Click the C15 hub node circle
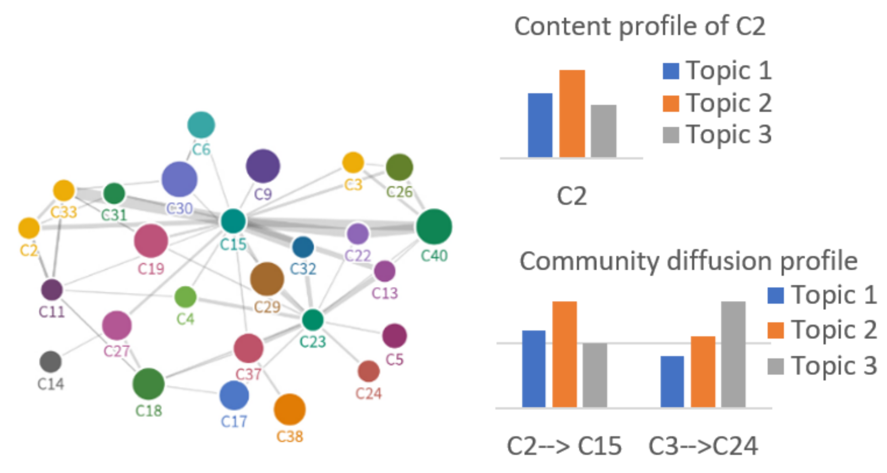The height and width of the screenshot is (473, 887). click(x=233, y=221)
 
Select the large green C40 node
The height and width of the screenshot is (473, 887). click(x=434, y=227)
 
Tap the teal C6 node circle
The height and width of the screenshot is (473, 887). click(x=201, y=125)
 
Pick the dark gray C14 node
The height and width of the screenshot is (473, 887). click(x=51, y=362)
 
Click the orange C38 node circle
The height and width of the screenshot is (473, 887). click(x=289, y=410)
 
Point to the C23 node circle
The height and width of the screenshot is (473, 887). click(x=313, y=320)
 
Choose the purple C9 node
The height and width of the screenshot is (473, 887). click(x=263, y=166)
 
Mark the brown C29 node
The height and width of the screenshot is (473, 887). click(x=267, y=279)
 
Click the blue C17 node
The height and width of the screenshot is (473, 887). click(x=234, y=395)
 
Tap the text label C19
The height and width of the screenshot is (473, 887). click(x=151, y=269)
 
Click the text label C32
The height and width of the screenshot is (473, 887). click(x=303, y=269)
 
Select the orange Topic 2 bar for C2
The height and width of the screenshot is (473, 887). click(x=572, y=113)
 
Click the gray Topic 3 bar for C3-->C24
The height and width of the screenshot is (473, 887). click(x=733, y=354)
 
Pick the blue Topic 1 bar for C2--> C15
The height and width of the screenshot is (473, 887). click(x=534, y=369)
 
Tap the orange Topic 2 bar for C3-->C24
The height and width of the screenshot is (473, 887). click(x=703, y=372)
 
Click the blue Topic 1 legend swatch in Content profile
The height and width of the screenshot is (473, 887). click(x=670, y=71)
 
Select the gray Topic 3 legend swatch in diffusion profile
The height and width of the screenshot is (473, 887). click(x=775, y=366)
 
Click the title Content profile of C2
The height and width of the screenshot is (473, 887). click(x=640, y=26)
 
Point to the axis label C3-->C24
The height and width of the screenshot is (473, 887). click(x=703, y=446)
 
